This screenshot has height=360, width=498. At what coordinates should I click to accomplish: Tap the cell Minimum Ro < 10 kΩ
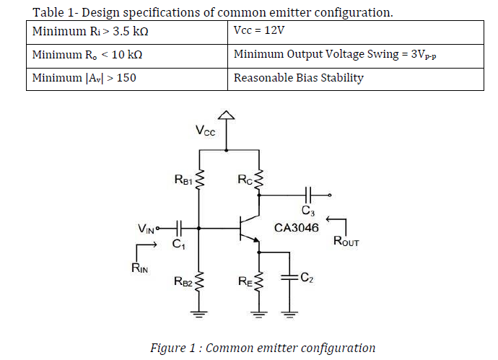pyautogui.click(x=128, y=55)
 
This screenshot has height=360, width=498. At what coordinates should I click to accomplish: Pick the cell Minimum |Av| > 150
pyautogui.click(x=128, y=78)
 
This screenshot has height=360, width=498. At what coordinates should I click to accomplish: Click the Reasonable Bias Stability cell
pyautogui.click(x=356, y=78)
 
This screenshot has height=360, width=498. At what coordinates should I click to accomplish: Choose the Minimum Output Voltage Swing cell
pyautogui.click(x=356, y=55)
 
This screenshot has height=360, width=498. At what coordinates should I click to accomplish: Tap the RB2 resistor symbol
pyautogui.click(x=200, y=281)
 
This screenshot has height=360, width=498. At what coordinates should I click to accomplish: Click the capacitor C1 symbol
pyautogui.click(x=179, y=229)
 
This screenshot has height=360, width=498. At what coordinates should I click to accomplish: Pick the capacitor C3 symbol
pyautogui.click(x=308, y=195)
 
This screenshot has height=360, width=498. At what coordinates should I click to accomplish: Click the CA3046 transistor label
pyautogui.click(x=297, y=227)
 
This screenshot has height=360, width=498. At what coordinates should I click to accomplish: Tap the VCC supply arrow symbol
pyautogui.click(x=227, y=115)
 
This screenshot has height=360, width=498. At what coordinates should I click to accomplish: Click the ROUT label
pyautogui.click(x=346, y=242)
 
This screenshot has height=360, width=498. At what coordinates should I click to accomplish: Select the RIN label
pyautogui.click(x=140, y=268)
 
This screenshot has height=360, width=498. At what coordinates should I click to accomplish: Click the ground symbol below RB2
pyautogui.click(x=200, y=313)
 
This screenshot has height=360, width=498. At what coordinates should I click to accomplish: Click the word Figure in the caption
pyautogui.click(x=167, y=348)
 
